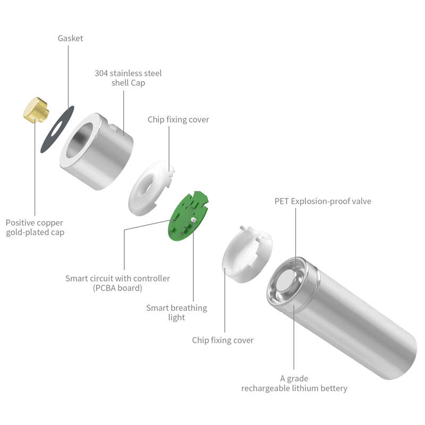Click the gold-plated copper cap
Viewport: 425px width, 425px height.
coord(35,110)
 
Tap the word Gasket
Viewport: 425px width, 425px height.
coord(70,38)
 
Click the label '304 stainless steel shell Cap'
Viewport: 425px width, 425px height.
coord(128,78)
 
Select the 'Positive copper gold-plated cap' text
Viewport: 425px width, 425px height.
coord(35,227)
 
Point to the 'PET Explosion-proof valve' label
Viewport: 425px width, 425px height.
coord(322,201)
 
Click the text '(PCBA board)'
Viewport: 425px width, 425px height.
coord(117,288)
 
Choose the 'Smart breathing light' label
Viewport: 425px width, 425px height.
coord(176,312)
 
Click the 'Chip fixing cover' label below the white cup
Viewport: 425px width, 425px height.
coord(223,340)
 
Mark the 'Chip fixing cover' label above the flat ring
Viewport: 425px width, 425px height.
coord(178,120)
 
